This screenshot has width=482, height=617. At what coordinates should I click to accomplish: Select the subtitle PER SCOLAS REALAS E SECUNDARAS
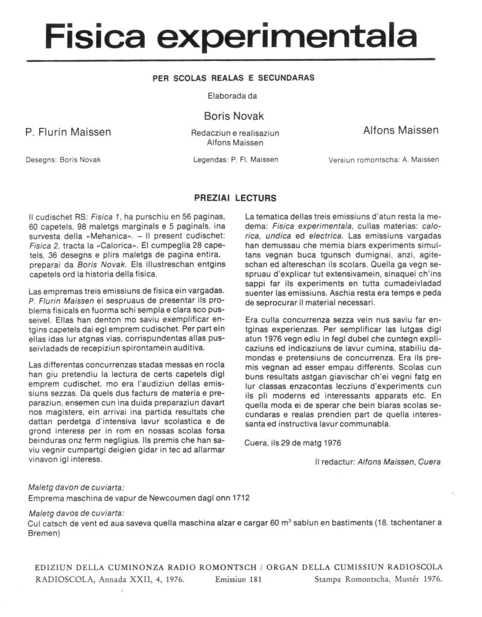pyautogui.click(x=240, y=78)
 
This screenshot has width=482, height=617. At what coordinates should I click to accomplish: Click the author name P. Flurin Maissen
pyautogui.click(x=68, y=132)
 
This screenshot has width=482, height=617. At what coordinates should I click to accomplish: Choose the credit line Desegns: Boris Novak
pyautogui.click(x=63, y=160)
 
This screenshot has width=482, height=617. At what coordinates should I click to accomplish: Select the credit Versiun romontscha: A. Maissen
pyautogui.click(x=384, y=160)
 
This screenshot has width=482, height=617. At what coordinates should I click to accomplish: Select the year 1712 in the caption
pyautogui.click(x=240, y=498)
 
